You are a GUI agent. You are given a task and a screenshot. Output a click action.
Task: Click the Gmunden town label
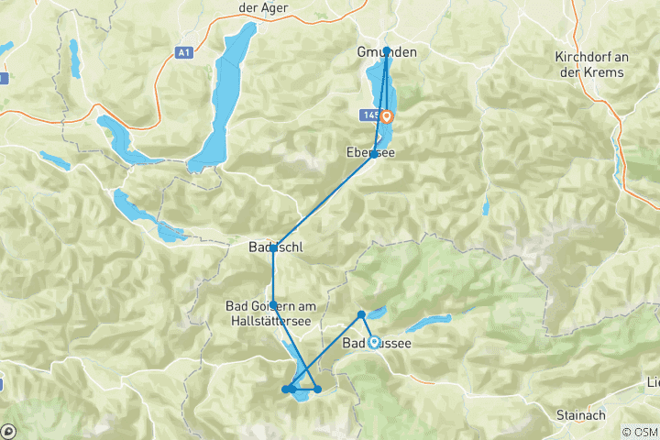(x=386, y=52)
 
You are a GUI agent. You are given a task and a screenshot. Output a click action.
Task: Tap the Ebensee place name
(x=371, y=152)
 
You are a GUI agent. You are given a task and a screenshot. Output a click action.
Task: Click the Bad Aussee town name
(x=377, y=344)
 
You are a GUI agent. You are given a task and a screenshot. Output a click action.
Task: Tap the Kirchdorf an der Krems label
(x=591, y=64)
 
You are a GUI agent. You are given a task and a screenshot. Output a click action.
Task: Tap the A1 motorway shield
(x=185, y=53)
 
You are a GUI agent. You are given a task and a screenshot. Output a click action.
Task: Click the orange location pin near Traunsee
(x=387, y=116)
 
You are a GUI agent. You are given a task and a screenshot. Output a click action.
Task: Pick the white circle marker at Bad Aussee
(x=374, y=343)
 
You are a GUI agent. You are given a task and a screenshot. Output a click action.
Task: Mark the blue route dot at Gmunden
(x=387, y=50)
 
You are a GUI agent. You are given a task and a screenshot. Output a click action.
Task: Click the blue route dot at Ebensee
(x=373, y=154)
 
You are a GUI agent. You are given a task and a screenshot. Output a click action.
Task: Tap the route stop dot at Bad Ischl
(x=273, y=248)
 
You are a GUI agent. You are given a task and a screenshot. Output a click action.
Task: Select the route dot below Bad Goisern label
(x=273, y=304)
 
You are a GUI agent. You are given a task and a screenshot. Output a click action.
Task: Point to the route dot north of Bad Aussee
(x=361, y=314)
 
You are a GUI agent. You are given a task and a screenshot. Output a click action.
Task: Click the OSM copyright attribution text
(x=639, y=432)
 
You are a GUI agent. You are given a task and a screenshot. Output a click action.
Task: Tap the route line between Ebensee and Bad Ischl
(x=323, y=202)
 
